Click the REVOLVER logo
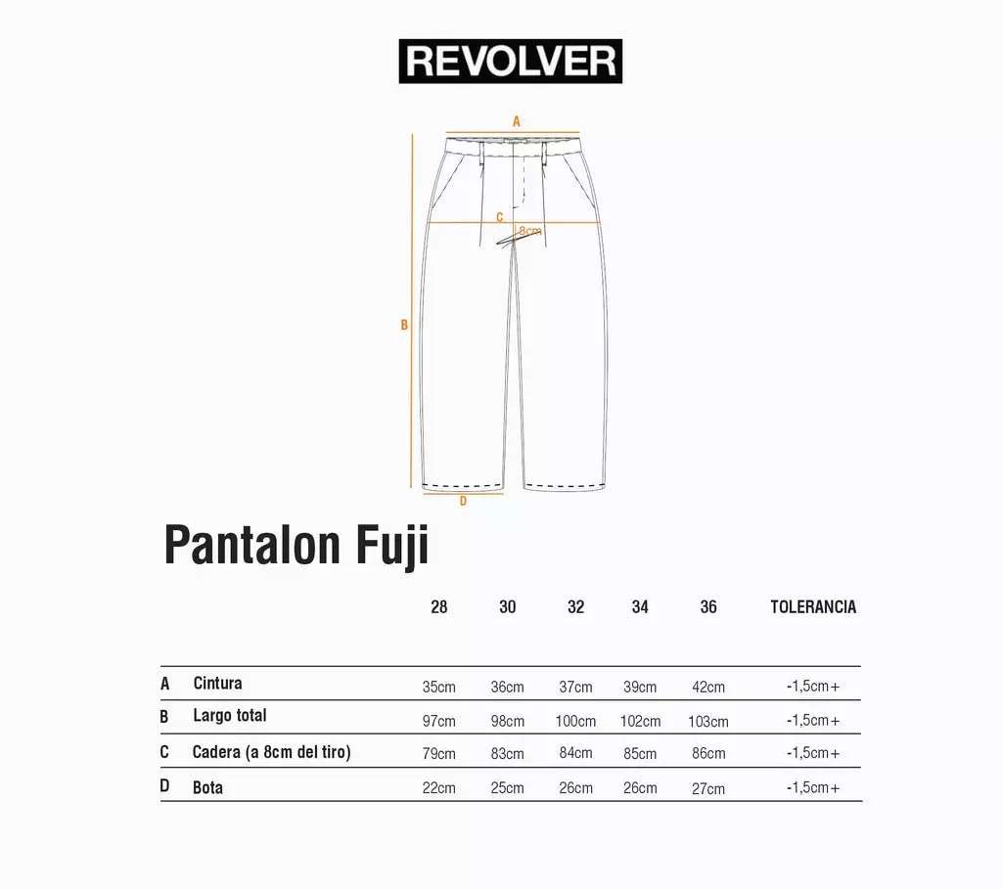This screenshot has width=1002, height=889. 510,62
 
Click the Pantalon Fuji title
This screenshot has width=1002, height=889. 296,545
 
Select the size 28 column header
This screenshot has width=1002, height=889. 439,606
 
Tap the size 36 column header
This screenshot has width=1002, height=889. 708,606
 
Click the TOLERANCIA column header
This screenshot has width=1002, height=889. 813,606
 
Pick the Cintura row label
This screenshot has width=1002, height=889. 217,684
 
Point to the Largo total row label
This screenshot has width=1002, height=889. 229,715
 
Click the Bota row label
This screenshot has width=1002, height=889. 207,787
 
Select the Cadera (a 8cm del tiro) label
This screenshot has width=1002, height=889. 272,752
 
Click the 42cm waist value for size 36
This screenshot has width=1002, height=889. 708,688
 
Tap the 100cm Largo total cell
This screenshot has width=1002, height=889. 575,721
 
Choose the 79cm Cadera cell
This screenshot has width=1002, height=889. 439,754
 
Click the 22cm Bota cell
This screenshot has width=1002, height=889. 439,788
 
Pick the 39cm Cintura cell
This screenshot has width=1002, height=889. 640,688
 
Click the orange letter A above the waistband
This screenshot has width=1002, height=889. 517,121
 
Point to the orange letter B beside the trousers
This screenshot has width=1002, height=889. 404,325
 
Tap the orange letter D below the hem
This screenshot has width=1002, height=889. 463,502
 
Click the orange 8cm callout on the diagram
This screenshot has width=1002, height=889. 530,231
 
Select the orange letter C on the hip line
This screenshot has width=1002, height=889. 500,217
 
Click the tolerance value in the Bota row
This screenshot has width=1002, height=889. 813,787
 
